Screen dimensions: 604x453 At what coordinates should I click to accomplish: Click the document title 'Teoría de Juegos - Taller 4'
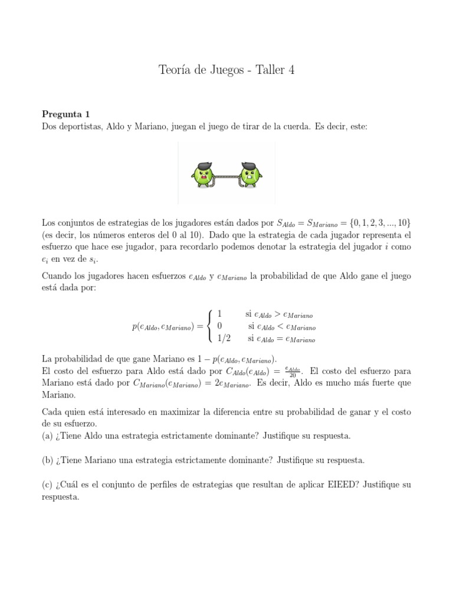pos(226,70)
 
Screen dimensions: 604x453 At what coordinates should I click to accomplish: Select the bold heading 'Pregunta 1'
pos(66,114)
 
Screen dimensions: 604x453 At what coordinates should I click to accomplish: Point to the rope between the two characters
pos(227,175)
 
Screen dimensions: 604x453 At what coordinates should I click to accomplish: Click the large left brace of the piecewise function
pos(210,326)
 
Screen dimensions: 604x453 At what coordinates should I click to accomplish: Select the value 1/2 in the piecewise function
pos(224,339)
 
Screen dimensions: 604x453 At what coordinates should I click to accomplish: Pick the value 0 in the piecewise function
pos(219,326)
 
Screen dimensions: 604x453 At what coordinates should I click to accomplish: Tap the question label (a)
pos(48,436)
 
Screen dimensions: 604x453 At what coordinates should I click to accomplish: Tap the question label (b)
pos(48,459)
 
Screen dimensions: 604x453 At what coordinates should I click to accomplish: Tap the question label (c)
pos(48,484)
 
